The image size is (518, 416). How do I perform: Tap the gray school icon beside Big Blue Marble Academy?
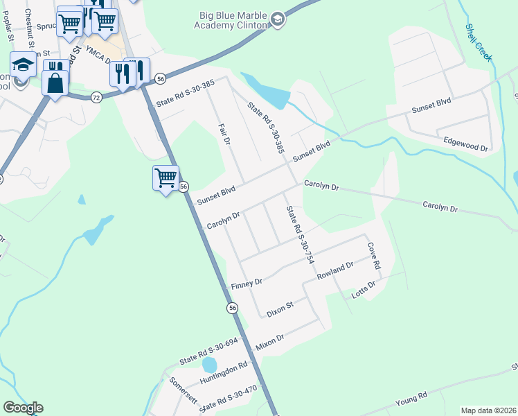[x=278, y=19]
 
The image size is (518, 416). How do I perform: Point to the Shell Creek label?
[x=478, y=43]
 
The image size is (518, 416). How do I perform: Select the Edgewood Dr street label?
[x=466, y=144]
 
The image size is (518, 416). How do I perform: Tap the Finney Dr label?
[x=247, y=284]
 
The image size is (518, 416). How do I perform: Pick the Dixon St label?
[x=280, y=309]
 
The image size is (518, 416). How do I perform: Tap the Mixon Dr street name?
[x=270, y=342]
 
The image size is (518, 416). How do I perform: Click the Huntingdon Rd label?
[x=223, y=373]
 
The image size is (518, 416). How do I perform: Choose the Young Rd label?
[x=411, y=399]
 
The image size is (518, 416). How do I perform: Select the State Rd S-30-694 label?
[x=208, y=352]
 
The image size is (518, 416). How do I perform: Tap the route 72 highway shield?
[x=96, y=98]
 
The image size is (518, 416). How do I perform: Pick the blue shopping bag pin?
[x=55, y=83]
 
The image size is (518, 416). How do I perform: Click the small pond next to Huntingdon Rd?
[x=209, y=364]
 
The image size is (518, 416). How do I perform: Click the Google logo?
[x=23, y=408]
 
